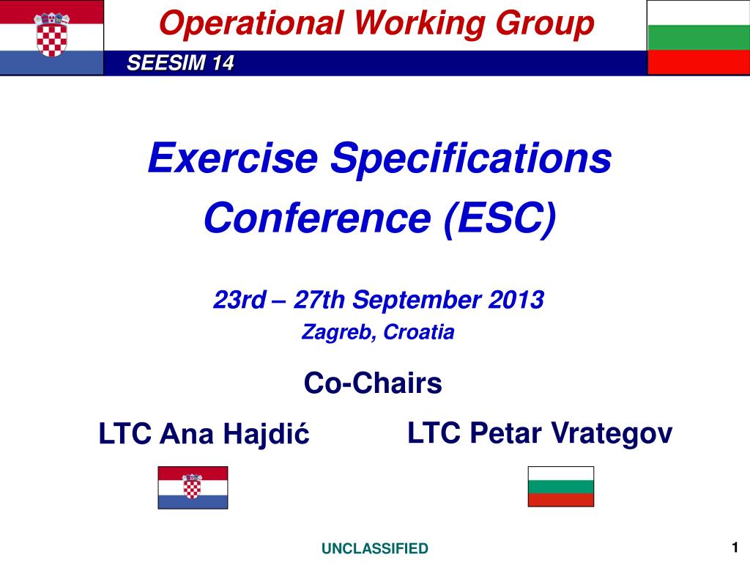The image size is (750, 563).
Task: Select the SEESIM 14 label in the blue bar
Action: (180, 63)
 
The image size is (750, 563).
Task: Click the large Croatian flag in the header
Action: (52, 37)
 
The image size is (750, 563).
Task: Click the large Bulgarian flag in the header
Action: (698, 37)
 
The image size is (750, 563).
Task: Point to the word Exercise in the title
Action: (233, 158)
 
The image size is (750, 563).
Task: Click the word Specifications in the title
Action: (471, 159)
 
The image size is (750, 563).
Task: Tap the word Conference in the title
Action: (318, 218)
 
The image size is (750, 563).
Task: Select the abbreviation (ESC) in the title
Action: (500, 219)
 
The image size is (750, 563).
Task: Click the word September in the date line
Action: (417, 301)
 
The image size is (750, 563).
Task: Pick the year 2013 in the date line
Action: (516, 300)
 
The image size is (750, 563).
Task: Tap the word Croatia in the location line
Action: (418, 332)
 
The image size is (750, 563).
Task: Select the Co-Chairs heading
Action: (373, 383)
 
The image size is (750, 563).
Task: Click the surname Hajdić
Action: (267, 434)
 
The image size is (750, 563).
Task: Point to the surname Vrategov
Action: (612, 434)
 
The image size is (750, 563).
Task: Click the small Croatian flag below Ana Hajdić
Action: (193, 487)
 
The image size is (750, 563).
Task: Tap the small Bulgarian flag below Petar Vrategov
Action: (561, 487)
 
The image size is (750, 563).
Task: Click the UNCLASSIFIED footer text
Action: (375, 548)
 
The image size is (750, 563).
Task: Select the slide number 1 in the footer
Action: (735, 547)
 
